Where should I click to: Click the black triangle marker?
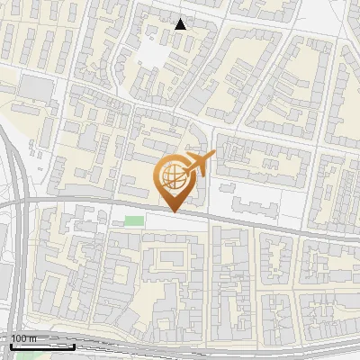coord(181,24)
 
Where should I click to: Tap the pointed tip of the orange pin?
coord(172,211)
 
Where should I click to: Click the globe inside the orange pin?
coord(172,176)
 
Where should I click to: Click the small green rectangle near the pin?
coord(134,220)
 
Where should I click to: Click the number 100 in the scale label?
coord(19,338)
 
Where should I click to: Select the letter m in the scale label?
coord(31,338)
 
